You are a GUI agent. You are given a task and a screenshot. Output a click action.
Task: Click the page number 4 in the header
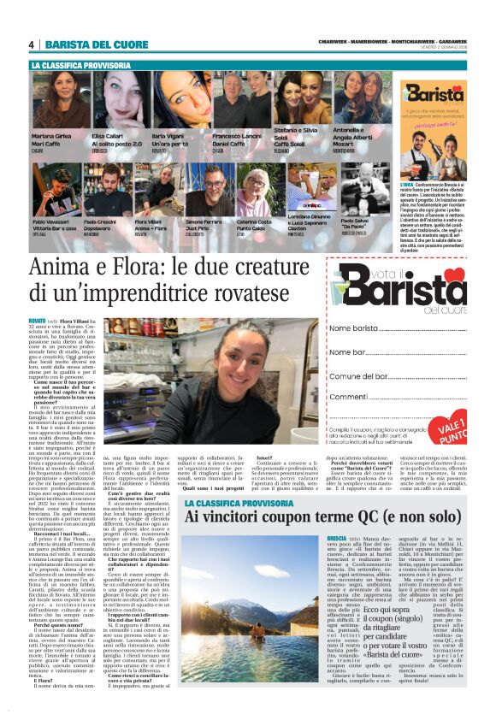32,44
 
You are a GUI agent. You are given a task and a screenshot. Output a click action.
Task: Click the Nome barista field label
353,328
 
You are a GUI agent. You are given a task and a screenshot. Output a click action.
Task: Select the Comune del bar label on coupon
360,376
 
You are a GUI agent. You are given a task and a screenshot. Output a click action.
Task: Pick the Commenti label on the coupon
350,398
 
